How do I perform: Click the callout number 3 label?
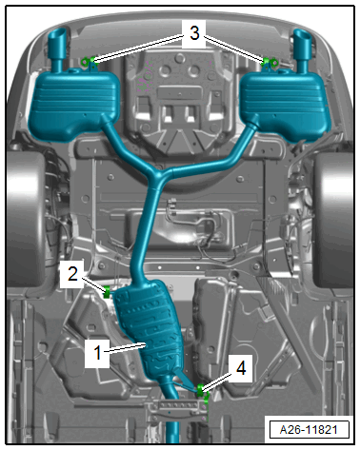(x=194, y=33)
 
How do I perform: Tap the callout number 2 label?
(x=72, y=273)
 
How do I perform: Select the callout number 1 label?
(x=97, y=352)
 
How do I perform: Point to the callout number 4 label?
(x=241, y=368)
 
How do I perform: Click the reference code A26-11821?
(x=309, y=430)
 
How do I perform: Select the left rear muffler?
(x=74, y=102)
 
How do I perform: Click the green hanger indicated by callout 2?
(x=107, y=292)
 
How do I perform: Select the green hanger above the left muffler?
(x=89, y=61)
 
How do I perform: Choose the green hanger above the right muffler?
(x=270, y=62)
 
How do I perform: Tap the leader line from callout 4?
(x=218, y=382)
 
